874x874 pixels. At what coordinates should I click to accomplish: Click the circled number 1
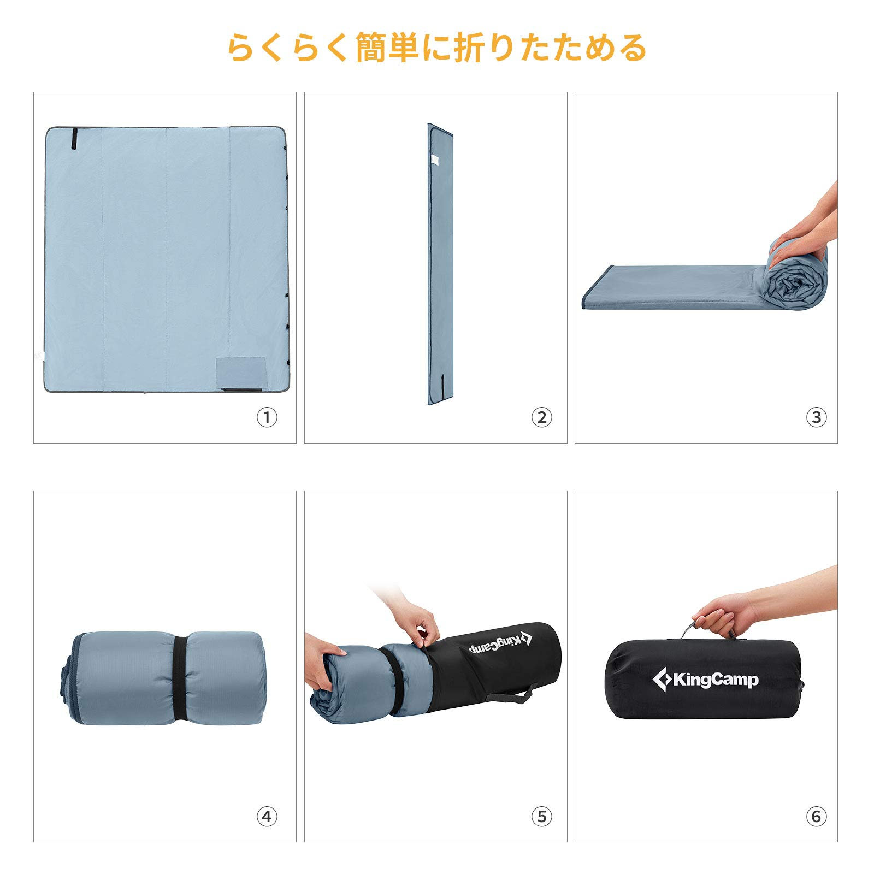tap(267, 418)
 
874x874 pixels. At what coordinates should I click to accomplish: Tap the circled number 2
tap(541, 418)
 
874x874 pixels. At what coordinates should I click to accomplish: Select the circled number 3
tap(816, 418)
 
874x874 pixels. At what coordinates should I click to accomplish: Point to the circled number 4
tap(267, 817)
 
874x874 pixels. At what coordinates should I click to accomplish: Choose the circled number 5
tap(541, 817)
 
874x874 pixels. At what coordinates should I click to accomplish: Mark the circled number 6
tap(816, 817)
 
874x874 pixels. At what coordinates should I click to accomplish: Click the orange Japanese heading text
tap(437, 48)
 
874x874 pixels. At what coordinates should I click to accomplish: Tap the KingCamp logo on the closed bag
tap(705, 680)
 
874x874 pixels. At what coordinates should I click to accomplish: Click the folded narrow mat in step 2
tap(440, 262)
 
